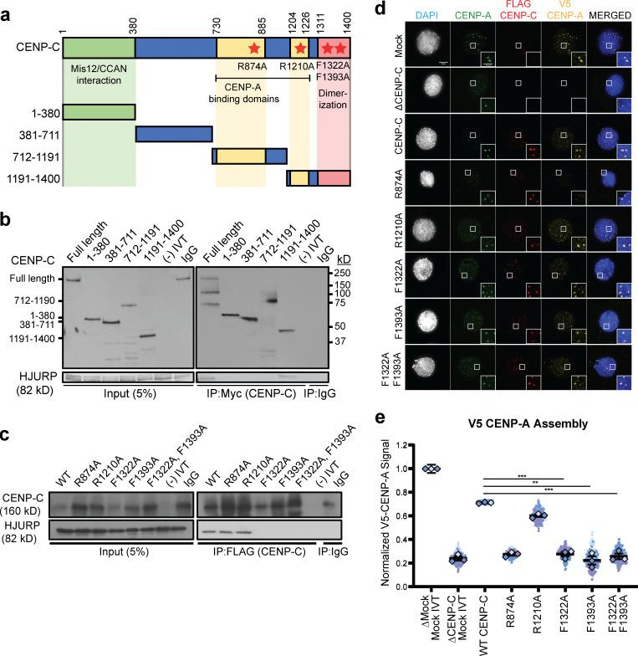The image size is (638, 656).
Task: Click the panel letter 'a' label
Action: pos(8,9)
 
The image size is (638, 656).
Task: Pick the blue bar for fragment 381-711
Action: pos(172,134)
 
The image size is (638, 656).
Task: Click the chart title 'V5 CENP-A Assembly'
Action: pos(516,424)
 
